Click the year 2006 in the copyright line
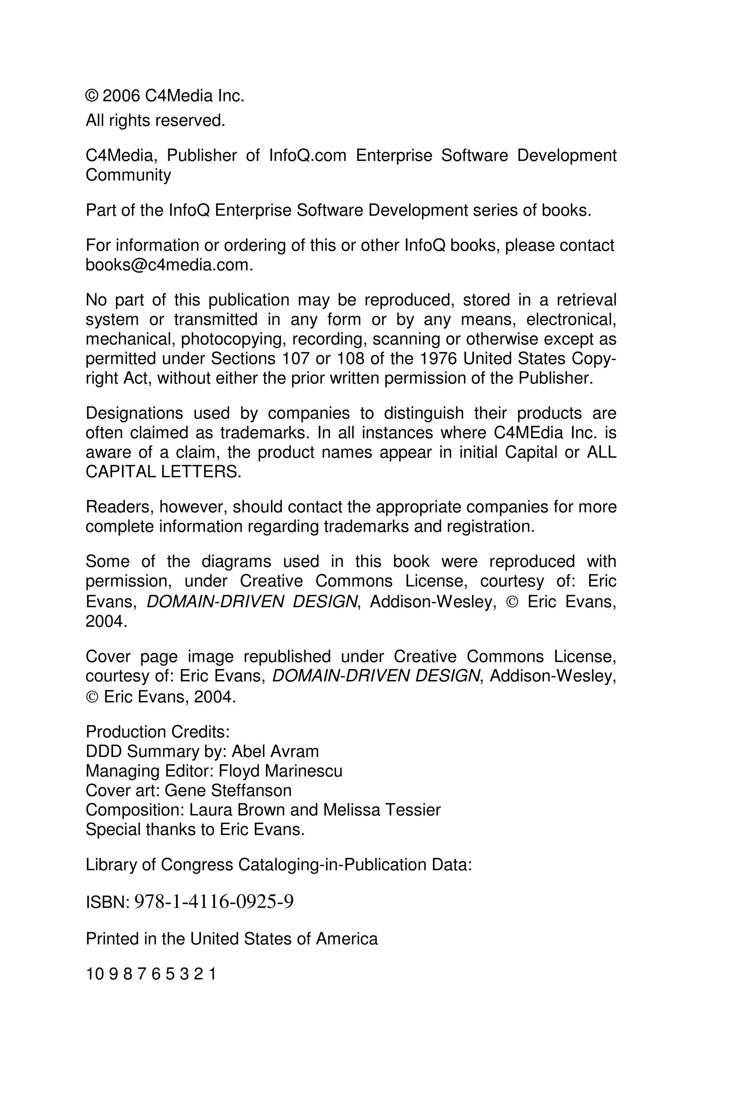[121, 96]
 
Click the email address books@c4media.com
[169, 265]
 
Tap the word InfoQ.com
[307, 155]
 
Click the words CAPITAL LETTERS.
[164, 472]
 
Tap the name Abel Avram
[275, 751]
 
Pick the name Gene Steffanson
[228, 790]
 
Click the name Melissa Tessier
[382, 810]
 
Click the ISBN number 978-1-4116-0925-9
[214, 901]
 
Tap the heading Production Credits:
[157, 732]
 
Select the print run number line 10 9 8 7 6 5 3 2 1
[151, 974]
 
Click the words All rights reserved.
[155, 121]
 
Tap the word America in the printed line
[346, 939]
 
